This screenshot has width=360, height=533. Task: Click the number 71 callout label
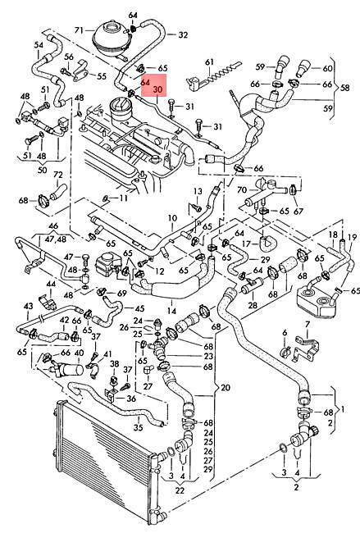coord(79,30)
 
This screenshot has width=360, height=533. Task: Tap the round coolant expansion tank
coord(108,39)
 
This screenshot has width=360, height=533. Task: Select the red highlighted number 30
coord(157,89)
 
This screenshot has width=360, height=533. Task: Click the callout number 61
coord(209,62)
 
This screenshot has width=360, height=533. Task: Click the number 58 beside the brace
coord(344,88)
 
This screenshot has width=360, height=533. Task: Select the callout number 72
coord(58,175)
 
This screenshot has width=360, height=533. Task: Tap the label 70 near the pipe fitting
coord(241,189)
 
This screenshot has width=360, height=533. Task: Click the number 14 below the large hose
coord(171,311)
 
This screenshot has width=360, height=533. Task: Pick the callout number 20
coord(226,387)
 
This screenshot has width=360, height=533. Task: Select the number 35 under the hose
coord(138,427)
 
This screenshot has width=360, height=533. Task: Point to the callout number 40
coord(79,353)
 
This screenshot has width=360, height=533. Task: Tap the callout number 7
coord(308,324)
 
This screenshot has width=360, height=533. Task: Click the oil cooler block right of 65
coord(315,297)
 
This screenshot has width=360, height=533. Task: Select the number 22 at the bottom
coord(180,490)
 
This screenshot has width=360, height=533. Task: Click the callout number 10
coord(172,218)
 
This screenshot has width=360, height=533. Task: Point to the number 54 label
coord(39,44)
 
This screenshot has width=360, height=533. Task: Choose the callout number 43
coord(28,307)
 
